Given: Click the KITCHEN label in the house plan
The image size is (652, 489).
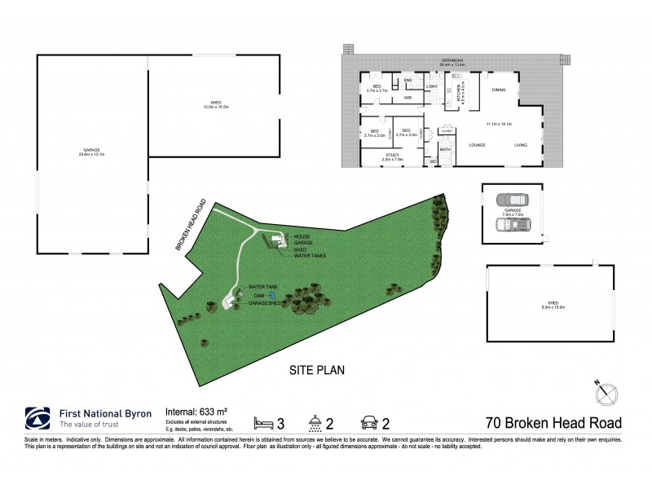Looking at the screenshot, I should tap(438, 95).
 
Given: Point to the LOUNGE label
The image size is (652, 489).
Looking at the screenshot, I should tap(478, 144).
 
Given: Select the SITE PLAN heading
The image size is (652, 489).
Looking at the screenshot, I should tap(318, 369).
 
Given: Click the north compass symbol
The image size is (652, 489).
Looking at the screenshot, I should tap(607, 394).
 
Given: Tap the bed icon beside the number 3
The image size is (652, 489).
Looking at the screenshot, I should tap(264, 423).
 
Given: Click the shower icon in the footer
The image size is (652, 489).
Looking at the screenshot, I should tap(314, 423).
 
